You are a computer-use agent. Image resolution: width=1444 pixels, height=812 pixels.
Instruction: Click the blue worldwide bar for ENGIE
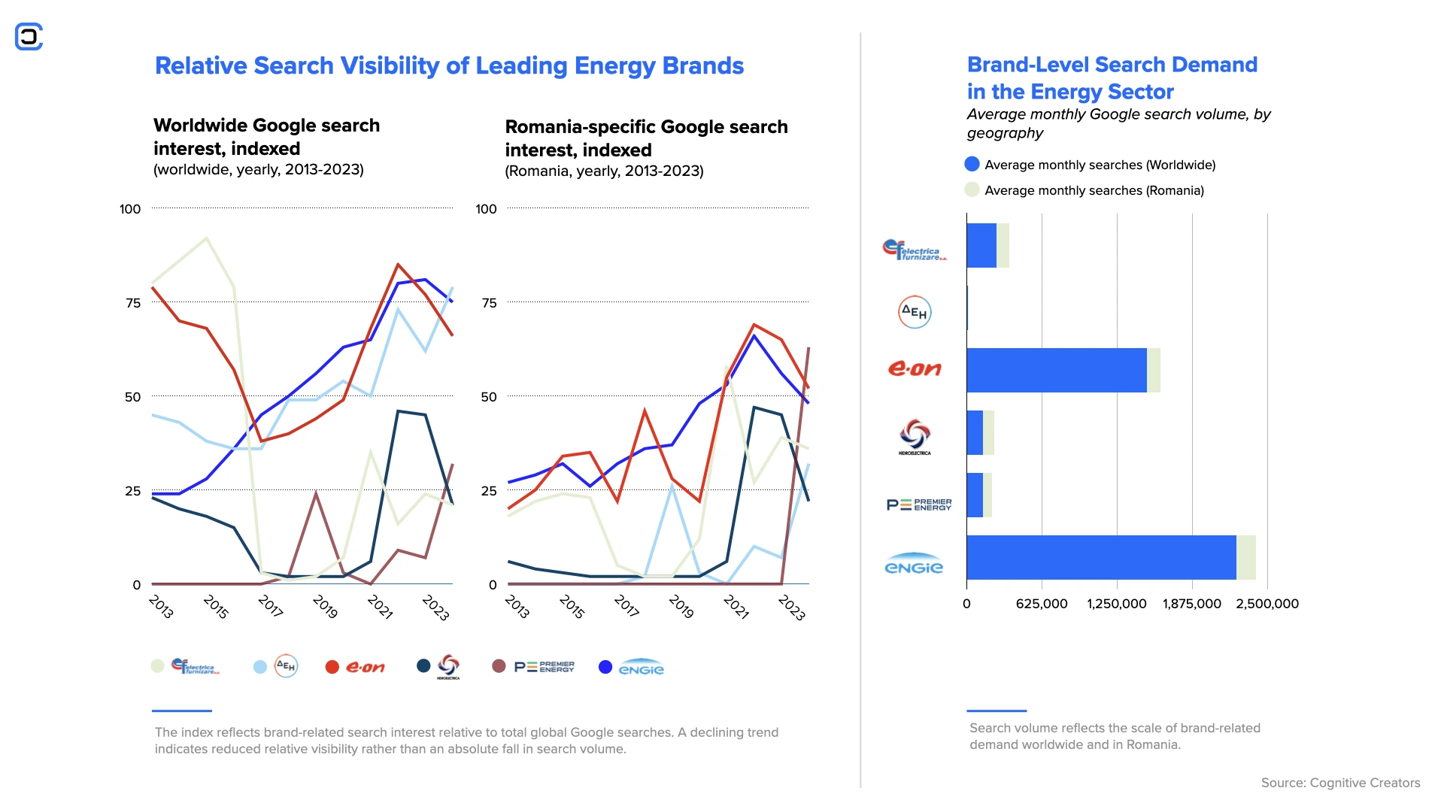(x=1101, y=557)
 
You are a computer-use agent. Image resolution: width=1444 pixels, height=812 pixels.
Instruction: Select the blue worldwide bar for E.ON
(x=1056, y=370)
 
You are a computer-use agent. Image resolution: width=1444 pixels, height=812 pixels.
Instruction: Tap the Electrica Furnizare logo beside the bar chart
(x=914, y=250)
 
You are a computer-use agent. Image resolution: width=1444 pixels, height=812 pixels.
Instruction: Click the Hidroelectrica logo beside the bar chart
(x=915, y=436)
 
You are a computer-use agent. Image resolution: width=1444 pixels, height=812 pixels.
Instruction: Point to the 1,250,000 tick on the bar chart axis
(x=1117, y=604)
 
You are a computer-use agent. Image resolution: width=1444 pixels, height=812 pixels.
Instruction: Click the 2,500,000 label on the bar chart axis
(x=1267, y=604)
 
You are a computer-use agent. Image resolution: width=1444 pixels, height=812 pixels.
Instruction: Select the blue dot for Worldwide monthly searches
(x=972, y=164)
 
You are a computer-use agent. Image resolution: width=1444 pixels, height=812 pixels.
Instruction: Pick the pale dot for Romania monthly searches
(x=972, y=189)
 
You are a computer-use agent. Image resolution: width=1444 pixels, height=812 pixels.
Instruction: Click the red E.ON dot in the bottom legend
(x=332, y=667)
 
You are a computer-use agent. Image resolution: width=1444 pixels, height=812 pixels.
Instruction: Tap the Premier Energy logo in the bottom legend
(x=544, y=667)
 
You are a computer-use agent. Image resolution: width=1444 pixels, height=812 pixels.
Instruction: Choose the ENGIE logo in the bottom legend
(x=641, y=668)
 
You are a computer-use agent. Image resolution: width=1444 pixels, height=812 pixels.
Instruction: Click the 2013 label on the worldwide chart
(x=161, y=606)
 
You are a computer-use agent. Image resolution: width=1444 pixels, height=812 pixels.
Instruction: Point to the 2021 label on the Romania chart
(x=736, y=607)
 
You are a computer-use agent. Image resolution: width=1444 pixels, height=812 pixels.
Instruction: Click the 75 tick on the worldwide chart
(x=133, y=303)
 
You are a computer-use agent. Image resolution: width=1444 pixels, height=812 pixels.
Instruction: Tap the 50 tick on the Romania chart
(x=489, y=397)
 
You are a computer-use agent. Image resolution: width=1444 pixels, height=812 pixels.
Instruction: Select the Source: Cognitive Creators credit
(x=1340, y=783)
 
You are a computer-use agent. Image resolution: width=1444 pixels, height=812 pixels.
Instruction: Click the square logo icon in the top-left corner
(x=29, y=36)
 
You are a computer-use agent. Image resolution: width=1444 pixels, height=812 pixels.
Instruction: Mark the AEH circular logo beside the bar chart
(x=915, y=312)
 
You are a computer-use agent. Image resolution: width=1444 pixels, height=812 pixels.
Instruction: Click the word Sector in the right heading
(x=1140, y=92)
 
